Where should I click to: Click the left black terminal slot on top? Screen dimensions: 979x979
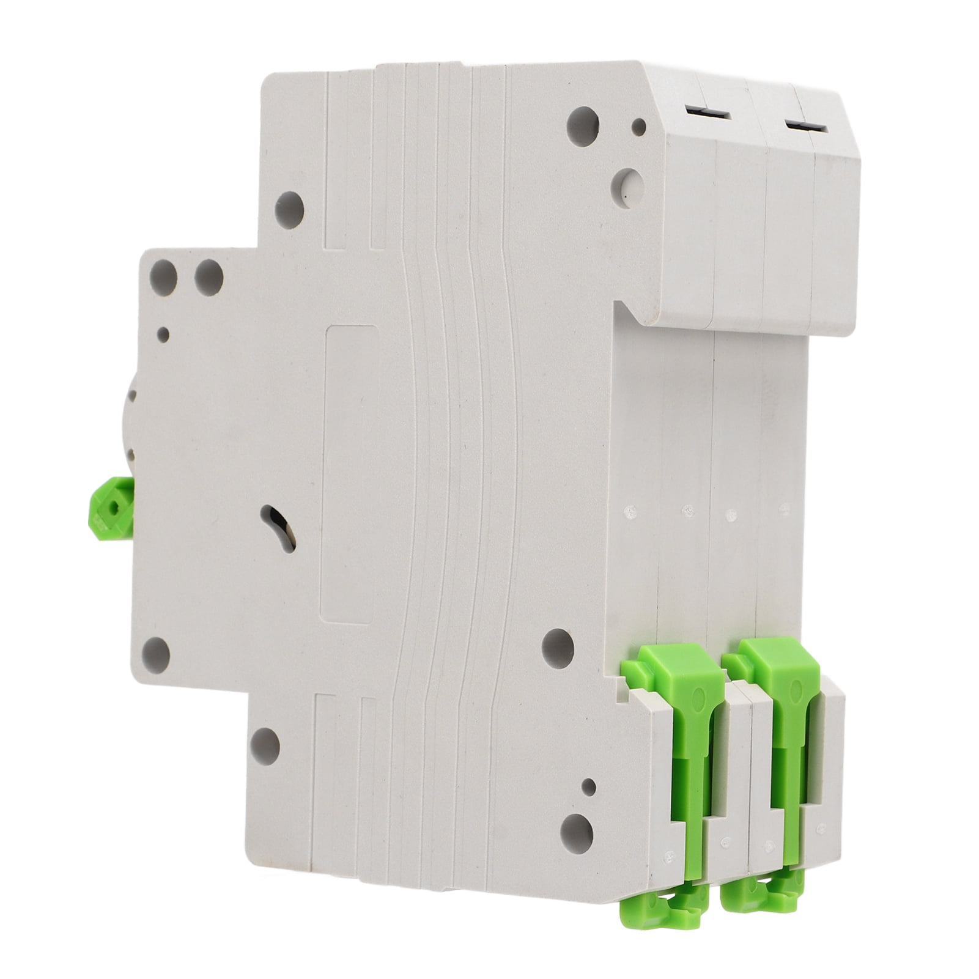tap(707, 113)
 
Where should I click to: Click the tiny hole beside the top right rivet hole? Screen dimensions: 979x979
tap(639, 127)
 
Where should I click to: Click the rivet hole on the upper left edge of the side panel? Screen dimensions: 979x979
tap(289, 210)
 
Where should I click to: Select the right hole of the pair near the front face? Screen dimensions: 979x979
tap(209, 275)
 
